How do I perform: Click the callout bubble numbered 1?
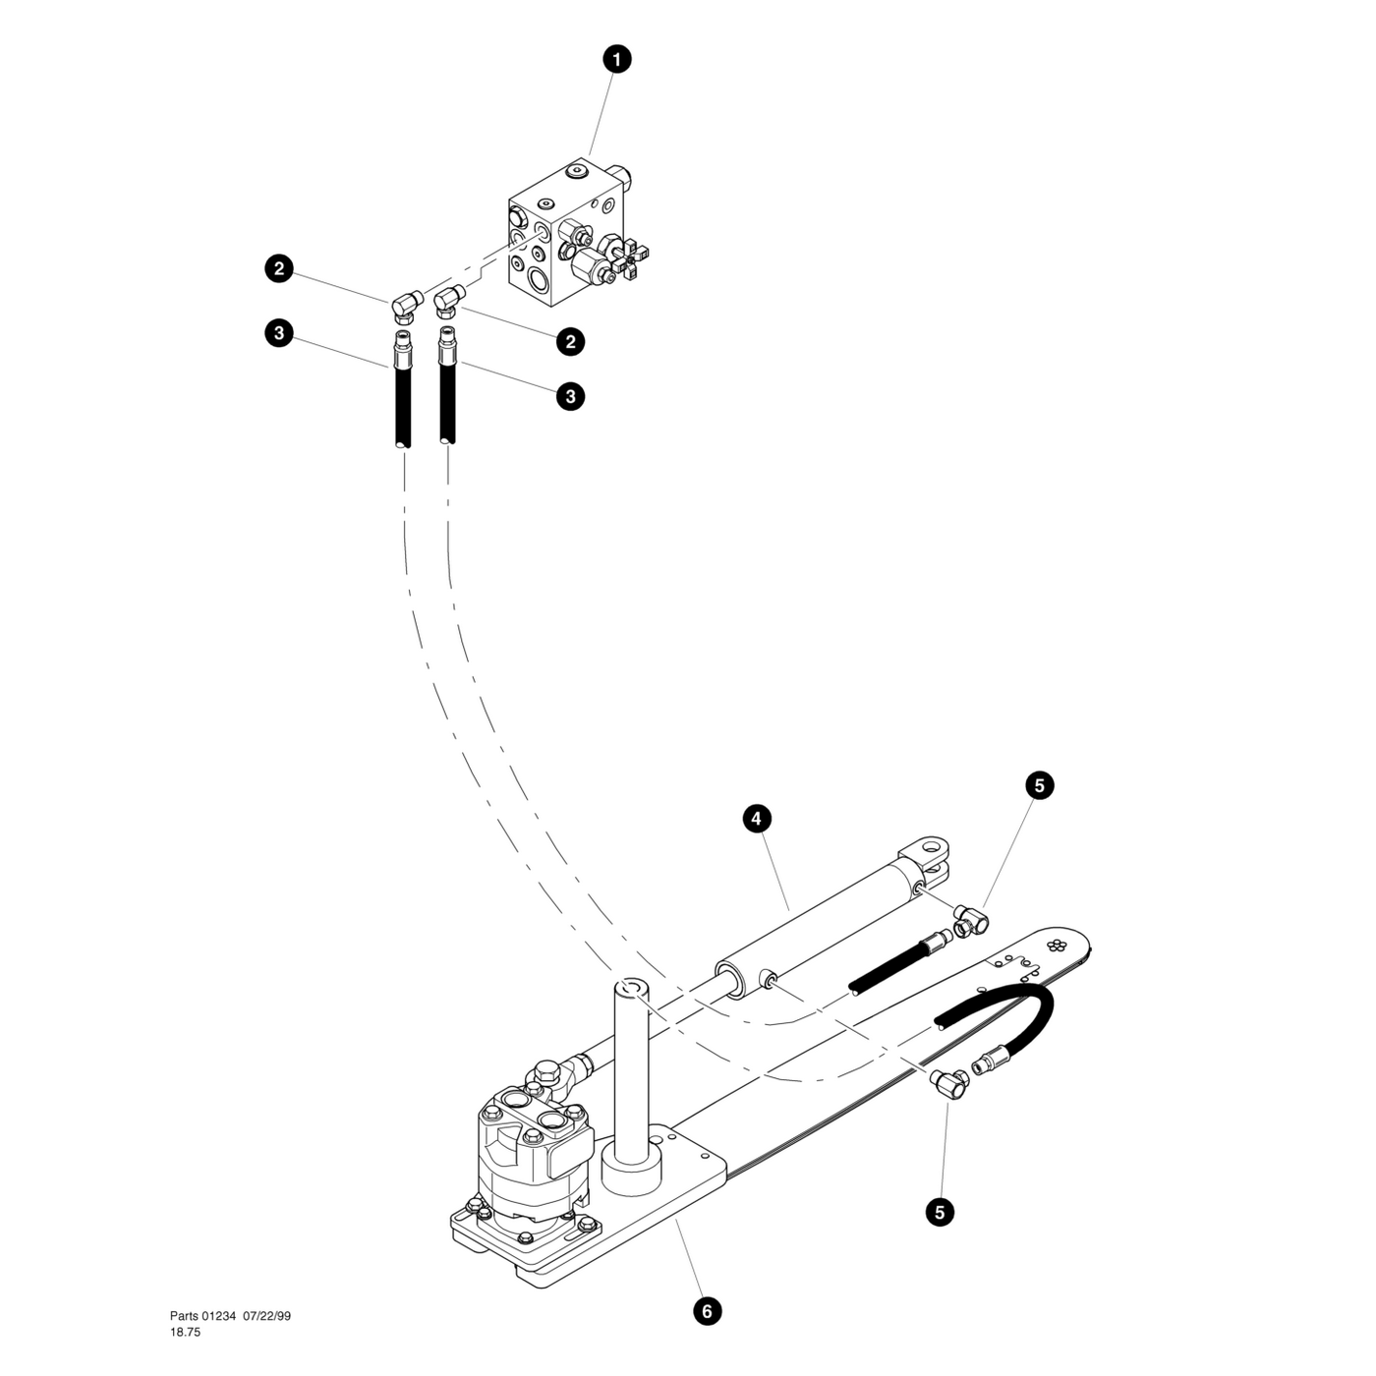(x=616, y=59)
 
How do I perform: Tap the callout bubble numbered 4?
(x=756, y=818)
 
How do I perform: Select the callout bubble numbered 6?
(x=707, y=1310)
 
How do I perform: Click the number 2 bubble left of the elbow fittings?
(x=280, y=268)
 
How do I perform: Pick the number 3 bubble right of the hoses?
(x=570, y=396)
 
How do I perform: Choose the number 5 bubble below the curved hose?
(x=940, y=1212)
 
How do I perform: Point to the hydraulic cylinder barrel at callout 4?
(x=816, y=919)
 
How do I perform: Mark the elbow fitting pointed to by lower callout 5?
(x=948, y=1083)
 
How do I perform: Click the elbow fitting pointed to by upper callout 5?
(x=971, y=920)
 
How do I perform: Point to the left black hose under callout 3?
(x=401, y=403)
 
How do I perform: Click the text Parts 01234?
(x=202, y=1316)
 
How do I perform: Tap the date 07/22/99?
(x=267, y=1316)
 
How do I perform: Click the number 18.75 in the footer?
(x=185, y=1332)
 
